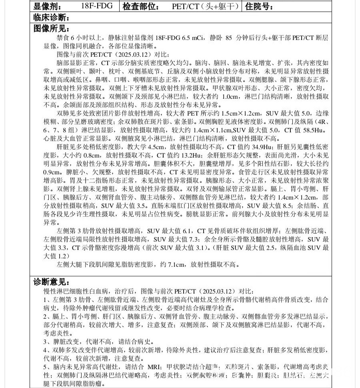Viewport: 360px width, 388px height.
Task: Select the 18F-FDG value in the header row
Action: coord(96,6)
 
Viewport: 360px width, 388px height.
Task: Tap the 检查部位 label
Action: coord(140,6)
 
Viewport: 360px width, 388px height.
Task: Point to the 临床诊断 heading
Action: coord(52,18)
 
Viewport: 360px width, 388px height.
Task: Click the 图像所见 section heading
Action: coord(52,29)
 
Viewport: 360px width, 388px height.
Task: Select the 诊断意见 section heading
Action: coord(52,282)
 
